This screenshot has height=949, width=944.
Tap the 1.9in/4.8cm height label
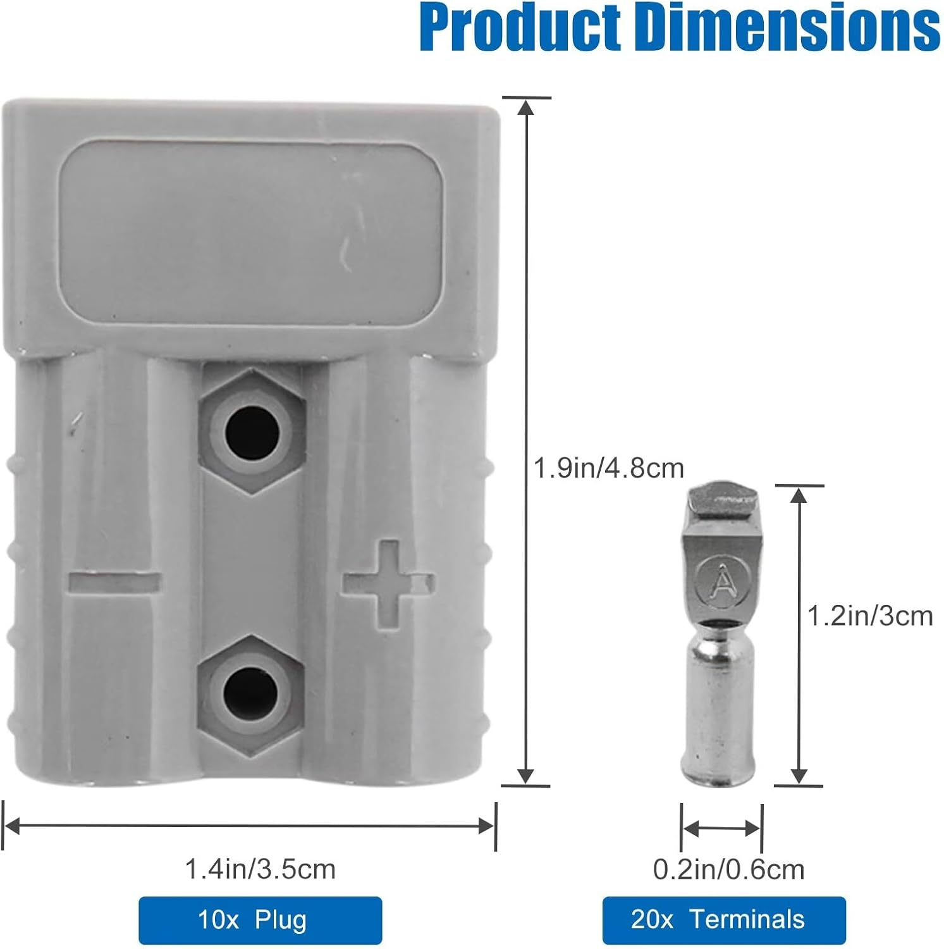pos(609,469)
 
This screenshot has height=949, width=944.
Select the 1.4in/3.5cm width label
pos(260,869)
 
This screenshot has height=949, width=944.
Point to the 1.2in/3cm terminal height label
pos(870,616)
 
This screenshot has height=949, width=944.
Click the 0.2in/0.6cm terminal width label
pos(728,870)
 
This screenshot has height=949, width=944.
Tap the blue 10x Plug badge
pos(261,920)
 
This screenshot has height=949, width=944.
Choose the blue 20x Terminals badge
pos(724,920)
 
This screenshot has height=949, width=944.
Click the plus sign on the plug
pos(388,583)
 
